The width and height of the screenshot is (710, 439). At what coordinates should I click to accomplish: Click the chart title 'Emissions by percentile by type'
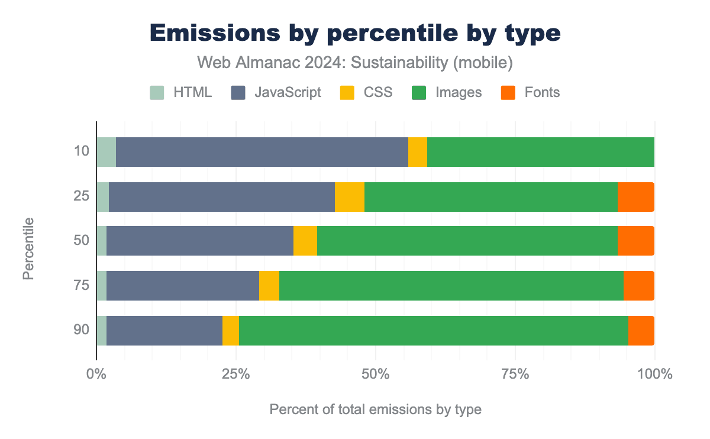[x=355, y=33]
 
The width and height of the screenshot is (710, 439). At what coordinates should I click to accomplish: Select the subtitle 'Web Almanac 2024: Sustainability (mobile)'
[x=355, y=62]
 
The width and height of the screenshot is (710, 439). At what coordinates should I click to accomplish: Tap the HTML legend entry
[x=180, y=92]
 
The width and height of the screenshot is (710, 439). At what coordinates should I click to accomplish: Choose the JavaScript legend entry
[x=276, y=92]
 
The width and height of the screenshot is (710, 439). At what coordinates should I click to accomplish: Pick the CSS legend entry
[x=366, y=92]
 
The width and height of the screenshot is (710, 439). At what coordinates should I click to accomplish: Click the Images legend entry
[x=447, y=92]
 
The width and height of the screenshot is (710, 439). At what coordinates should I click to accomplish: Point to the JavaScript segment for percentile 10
[x=262, y=152]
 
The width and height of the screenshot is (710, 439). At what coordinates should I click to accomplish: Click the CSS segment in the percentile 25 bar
[x=350, y=196]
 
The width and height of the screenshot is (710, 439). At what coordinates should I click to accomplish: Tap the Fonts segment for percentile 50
[x=636, y=241]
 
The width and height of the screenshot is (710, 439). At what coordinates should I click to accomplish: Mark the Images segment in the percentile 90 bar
[x=434, y=330]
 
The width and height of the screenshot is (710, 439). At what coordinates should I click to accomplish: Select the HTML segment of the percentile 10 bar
[x=106, y=152]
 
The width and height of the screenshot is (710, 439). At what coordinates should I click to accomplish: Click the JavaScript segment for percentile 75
[x=183, y=286]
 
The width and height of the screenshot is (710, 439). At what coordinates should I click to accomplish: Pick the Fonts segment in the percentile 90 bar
[x=641, y=330]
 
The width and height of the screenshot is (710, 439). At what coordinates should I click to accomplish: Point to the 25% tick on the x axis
[x=235, y=375]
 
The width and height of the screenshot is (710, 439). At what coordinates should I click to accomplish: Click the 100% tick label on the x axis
[x=655, y=375]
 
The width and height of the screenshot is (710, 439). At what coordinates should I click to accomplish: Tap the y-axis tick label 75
[x=82, y=286]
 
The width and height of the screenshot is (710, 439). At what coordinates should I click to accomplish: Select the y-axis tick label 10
[x=82, y=152]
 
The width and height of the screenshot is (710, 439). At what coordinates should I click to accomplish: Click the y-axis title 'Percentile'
[x=28, y=248]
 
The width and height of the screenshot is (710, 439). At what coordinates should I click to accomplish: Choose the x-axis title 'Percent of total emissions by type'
[x=375, y=409]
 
